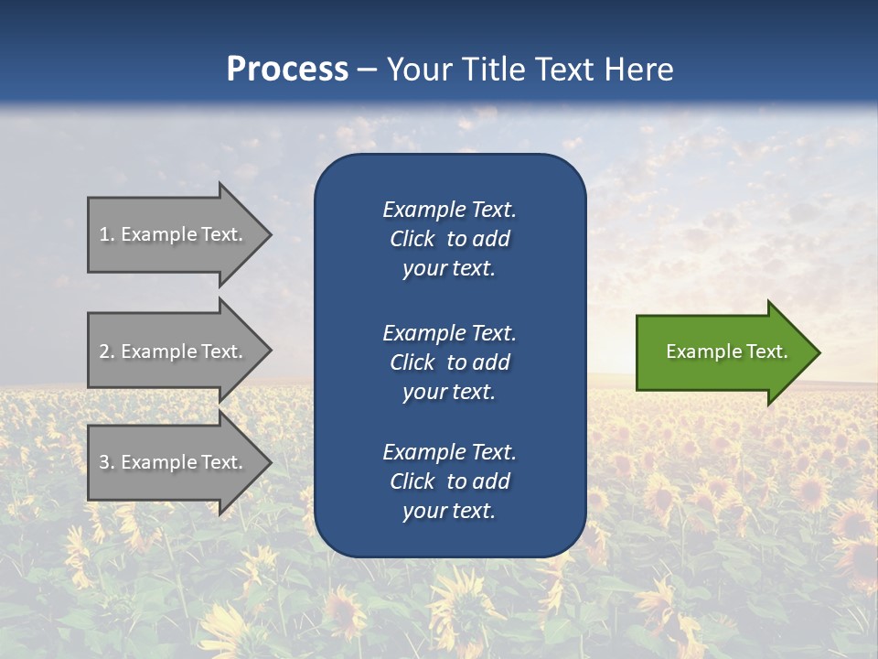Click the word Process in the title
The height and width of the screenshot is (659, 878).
287,70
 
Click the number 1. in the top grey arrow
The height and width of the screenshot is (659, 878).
107,234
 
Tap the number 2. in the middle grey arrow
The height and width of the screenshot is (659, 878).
107,351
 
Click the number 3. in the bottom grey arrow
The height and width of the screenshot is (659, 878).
107,462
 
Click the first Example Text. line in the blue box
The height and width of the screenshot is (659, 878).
449,210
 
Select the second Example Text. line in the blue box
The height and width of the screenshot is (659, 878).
449,332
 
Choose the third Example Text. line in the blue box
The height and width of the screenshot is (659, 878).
449,452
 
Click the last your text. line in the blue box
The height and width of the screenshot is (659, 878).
449,512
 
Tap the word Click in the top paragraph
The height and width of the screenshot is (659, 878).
412,239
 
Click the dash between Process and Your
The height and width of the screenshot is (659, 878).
367,70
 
